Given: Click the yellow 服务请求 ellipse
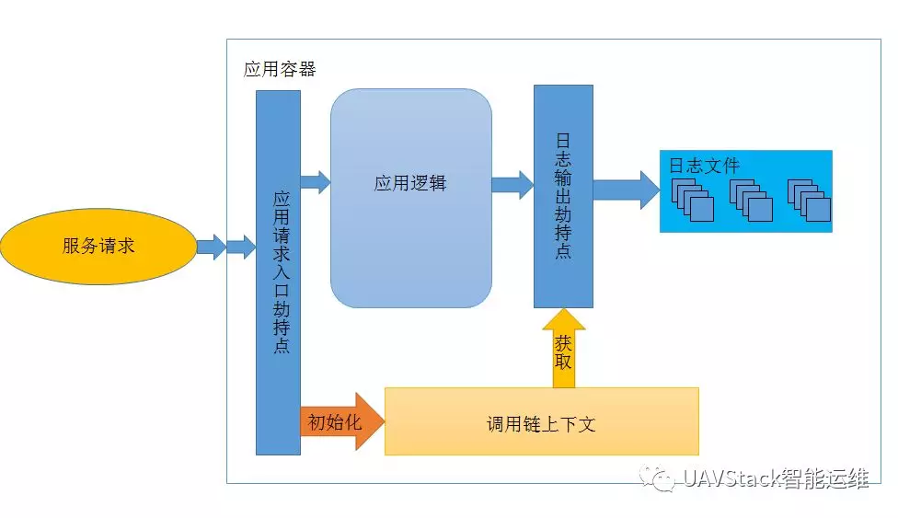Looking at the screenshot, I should click(x=98, y=246).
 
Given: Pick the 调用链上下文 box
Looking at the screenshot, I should click(x=541, y=421).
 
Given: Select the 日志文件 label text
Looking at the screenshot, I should click(x=704, y=166).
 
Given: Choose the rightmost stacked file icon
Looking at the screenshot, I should click(x=809, y=199).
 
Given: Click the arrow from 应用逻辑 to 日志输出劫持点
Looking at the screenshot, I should click(x=512, y=184).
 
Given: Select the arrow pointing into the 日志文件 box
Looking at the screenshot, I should click(x=626, y=190).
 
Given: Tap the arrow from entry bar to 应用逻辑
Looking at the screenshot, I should click(x=315, y=181).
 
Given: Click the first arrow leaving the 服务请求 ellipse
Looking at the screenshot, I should click(x=211, y=247).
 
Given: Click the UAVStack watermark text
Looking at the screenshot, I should click(x=776, y=478).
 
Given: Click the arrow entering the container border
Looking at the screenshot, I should click(x=241, y=247).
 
